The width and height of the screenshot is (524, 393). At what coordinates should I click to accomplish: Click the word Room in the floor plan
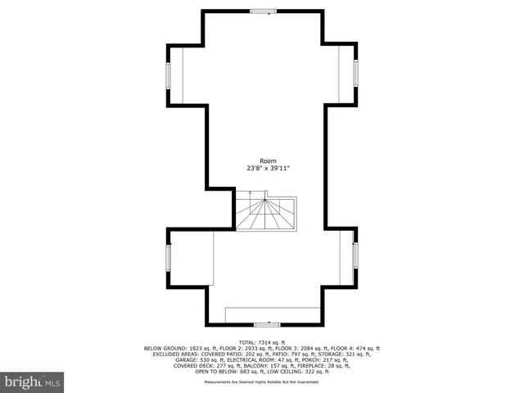coord(268,160)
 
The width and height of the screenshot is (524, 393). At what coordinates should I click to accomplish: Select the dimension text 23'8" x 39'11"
coord(268,168)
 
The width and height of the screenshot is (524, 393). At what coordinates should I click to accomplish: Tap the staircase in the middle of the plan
coord(267,214)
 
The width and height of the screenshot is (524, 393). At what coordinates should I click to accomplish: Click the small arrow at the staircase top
coord(251,194)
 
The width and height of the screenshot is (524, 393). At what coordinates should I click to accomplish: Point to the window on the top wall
coord(262,11)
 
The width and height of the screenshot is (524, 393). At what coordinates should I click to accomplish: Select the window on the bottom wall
coord(267,325)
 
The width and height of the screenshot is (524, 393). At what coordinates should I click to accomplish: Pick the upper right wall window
coord(356,74)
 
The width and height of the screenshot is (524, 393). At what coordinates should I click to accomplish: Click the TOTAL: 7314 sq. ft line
coord(262,341)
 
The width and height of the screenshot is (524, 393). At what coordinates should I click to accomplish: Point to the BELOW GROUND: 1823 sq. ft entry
coord(177,348)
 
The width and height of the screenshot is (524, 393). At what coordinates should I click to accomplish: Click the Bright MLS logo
coord(33,382)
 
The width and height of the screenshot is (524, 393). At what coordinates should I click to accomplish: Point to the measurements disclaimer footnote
coord(262,382)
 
